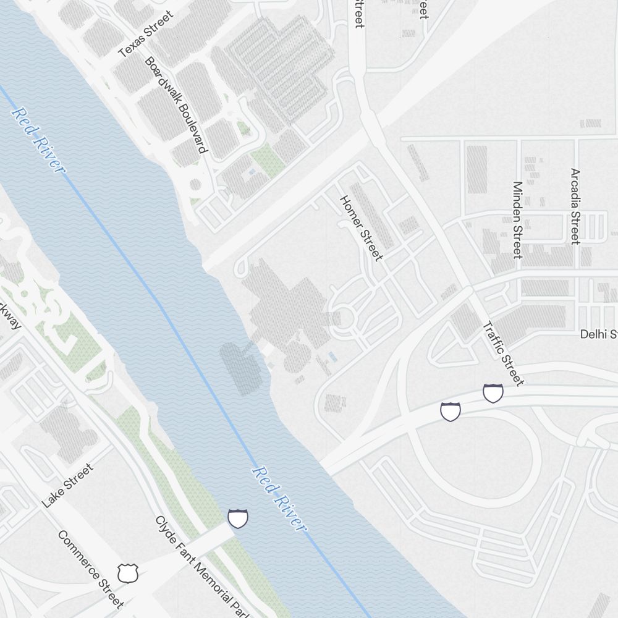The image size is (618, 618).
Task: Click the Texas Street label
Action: pyautogui.click(x=146, y=35)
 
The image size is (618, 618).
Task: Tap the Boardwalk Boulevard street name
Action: pyautogui.click(x=176, y=105)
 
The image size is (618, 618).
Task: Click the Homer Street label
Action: pyautogui.click(x=362, y=228)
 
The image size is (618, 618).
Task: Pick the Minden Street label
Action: pyautogui.click(x=518, y=219)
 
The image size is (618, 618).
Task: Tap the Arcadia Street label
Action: pyautogui.click(x=575, y=206)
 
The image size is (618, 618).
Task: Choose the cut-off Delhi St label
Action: pyautogui.click(x=598, y=334)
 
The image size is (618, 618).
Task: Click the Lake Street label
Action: pyautogui.click(x=68, y=486)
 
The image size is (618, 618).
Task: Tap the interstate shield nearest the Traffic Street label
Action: pyautogui.click(x=493, y=393)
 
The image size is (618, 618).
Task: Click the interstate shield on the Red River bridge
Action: pyautogui.click(x=238, y=519)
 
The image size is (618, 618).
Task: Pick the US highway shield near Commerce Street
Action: pyautogui.click(x=127, y=574)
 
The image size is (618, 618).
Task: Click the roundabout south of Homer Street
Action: pyautogui.click(x=344, y=319)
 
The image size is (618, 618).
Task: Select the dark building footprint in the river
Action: pyautogui.click(x=241, y=368)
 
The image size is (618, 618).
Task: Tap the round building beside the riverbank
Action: pyautogui.click(x=297, y=358)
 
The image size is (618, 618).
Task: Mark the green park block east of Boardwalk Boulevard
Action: pyautogui.click(x=267, y=158)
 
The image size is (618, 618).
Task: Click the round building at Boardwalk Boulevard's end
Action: pyautogui.click(x=195, y=184)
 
